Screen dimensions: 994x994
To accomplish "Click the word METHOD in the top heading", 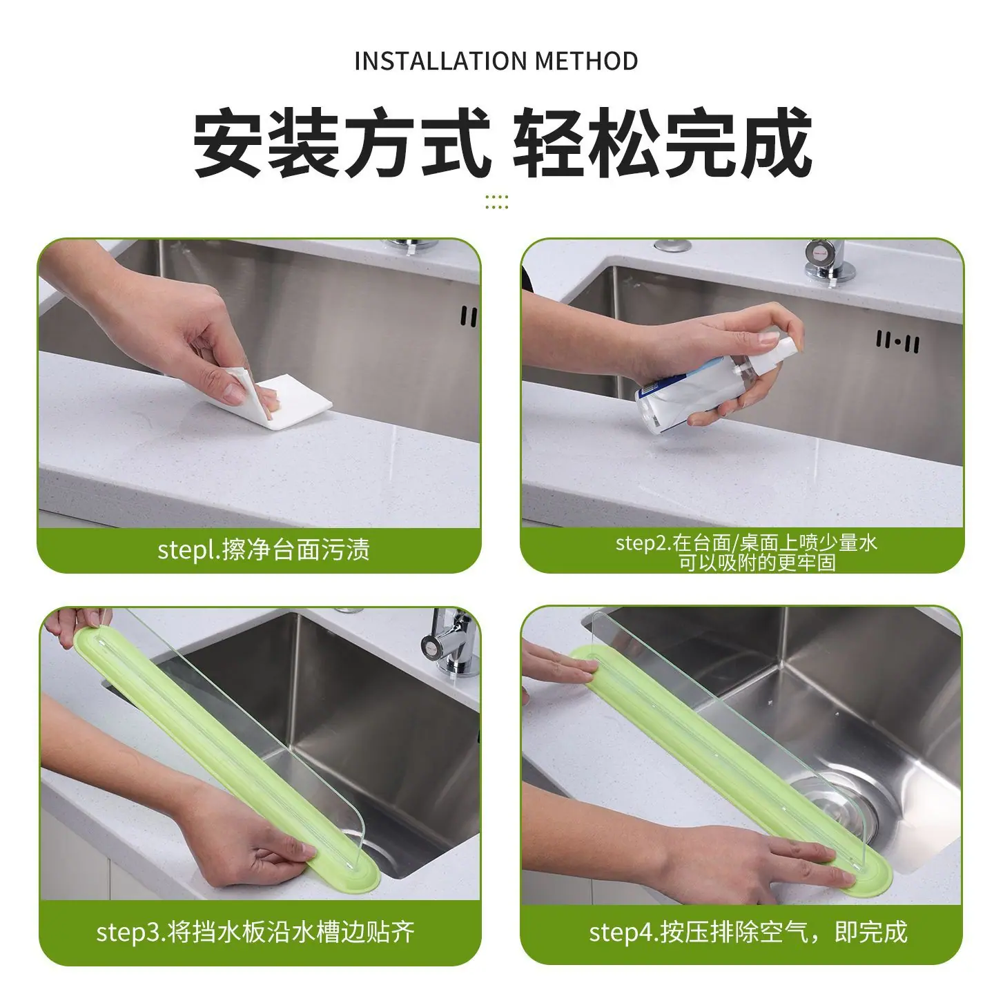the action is (x=587, y=61).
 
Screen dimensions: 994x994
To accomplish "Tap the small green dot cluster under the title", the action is (x=497, y=202).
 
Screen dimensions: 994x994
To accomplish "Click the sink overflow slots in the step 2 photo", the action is (x=897, y=342).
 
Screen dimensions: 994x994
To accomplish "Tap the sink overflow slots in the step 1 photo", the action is (x=469, y=316).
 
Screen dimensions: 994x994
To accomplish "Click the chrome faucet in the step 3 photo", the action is (x=449, y=642).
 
